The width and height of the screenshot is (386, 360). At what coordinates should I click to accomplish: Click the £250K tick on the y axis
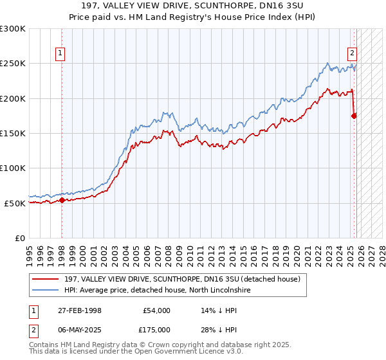13,64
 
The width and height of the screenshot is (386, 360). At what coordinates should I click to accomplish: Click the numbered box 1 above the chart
60,54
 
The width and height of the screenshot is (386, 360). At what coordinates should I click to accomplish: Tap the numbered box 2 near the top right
353,54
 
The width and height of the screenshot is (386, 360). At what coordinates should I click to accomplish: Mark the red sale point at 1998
62,200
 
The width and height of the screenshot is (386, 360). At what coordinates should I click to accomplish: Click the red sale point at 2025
354,116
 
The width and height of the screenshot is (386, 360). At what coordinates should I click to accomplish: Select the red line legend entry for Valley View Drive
170,278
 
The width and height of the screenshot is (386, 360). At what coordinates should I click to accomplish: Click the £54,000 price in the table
156,310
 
